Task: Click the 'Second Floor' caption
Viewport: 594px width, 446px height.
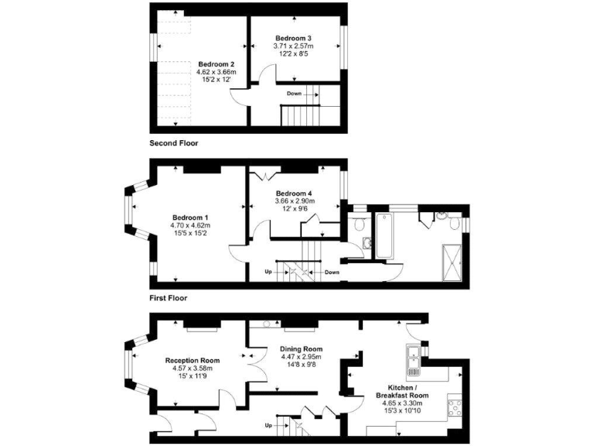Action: click(173, 143)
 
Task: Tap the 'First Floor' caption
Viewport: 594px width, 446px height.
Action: click(168, 297)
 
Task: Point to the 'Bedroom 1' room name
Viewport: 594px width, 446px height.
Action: click(190, 218)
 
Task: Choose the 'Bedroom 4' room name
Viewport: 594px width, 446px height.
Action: click(293, 193)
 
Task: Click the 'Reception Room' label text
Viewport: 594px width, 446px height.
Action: click(193, 361)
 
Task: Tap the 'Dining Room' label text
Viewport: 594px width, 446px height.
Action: click(301, 349)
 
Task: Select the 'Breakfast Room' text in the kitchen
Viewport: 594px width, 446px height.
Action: click(408, 395)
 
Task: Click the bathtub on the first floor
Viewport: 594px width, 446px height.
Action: click(384, 233)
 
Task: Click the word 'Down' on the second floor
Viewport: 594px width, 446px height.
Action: click(294, 93)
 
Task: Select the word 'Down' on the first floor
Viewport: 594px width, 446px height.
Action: click(332, 273)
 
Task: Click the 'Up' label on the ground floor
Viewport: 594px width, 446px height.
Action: click(268, 425)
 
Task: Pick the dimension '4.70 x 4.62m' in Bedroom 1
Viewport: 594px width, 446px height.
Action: click(190, 225)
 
